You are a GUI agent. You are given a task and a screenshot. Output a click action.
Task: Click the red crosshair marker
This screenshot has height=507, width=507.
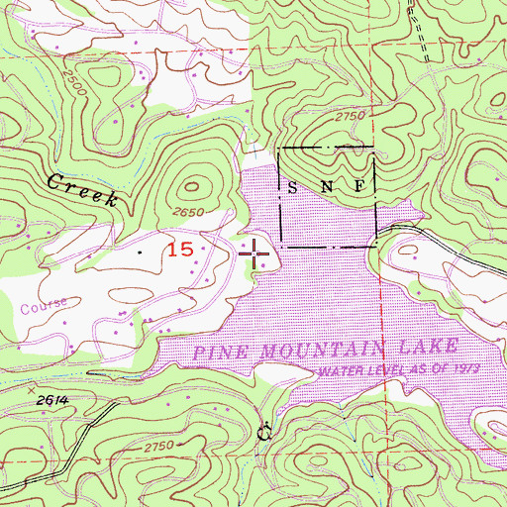[255, 253]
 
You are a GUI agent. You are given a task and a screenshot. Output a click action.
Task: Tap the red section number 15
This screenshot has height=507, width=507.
[178, 251]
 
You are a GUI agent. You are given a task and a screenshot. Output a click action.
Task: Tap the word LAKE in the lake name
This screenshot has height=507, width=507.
[437, 345]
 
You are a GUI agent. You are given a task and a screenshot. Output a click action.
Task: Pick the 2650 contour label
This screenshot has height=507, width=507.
[201, 212]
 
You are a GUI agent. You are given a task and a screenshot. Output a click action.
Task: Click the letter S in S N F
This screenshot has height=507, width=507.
[292, 186]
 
